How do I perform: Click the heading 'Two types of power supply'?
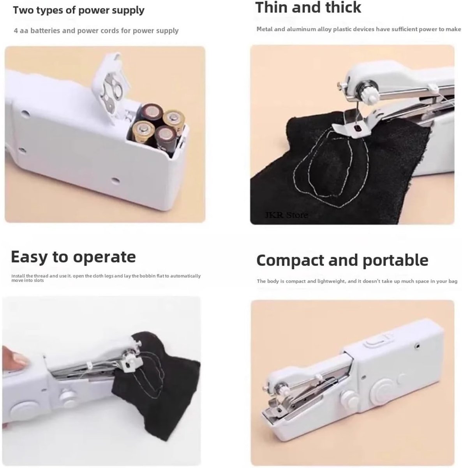coord(79,11)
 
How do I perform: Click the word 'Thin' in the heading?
coord(271,7)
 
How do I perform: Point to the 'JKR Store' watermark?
coord(286,215)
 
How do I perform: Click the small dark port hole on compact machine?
coord(417,345)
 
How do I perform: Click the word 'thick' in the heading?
coord(343,7)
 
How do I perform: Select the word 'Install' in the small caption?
coord(18,276)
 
